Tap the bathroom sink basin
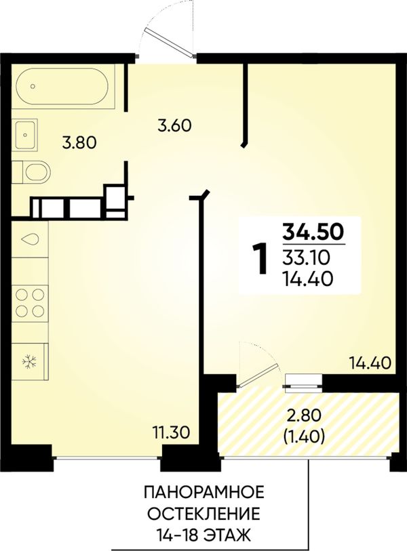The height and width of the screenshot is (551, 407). (24, 135)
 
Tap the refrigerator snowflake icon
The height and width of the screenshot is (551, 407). (30, 362)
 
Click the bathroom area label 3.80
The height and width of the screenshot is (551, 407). (79, 143)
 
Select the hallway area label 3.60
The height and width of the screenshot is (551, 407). (174, 125)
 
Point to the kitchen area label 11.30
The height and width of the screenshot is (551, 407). (171, 432)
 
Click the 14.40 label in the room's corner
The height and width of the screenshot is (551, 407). (370, 363)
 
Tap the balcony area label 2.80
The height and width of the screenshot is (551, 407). (304, 416)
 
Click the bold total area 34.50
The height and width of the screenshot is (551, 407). (314, 232)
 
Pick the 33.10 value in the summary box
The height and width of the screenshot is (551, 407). (306, 258)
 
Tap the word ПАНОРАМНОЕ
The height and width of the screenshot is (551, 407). (204, 492)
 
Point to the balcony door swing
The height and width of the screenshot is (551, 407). (259, 365)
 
